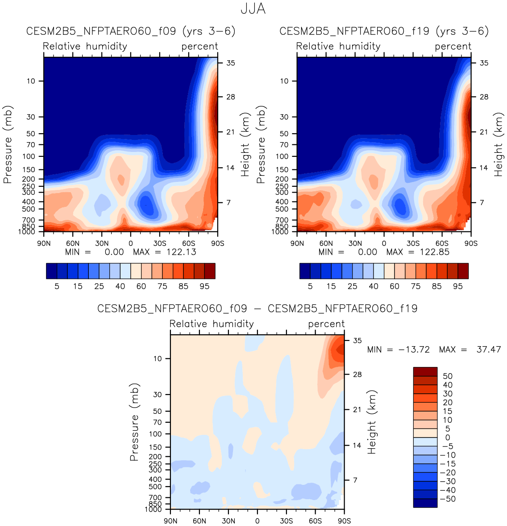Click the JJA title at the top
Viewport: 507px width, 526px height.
(253, 9)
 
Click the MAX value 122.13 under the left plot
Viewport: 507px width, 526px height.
(181, 252)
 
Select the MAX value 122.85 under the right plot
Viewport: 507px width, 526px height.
(434, 252)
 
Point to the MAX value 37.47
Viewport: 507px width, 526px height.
(489, 349)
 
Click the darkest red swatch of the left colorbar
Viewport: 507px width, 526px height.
(210, 271)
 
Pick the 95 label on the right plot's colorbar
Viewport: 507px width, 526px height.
(458, 286)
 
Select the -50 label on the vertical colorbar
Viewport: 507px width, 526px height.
(447, 499)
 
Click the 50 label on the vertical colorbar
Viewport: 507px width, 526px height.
(447, 376)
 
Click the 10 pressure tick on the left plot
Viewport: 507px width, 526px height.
(31, 81)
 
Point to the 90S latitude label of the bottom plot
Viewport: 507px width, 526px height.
(344, 521)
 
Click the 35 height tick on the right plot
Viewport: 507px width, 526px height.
(484, 63)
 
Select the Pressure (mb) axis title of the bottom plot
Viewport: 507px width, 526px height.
(134, 422)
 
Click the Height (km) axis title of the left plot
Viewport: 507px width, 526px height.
(245, 144)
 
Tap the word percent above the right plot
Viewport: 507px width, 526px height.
(453, 46)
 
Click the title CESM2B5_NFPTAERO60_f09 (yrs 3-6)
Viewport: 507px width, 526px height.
(131, 31)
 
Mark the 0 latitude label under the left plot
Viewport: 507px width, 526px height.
(131, 244)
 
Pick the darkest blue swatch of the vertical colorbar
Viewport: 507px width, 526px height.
(425, 503)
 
